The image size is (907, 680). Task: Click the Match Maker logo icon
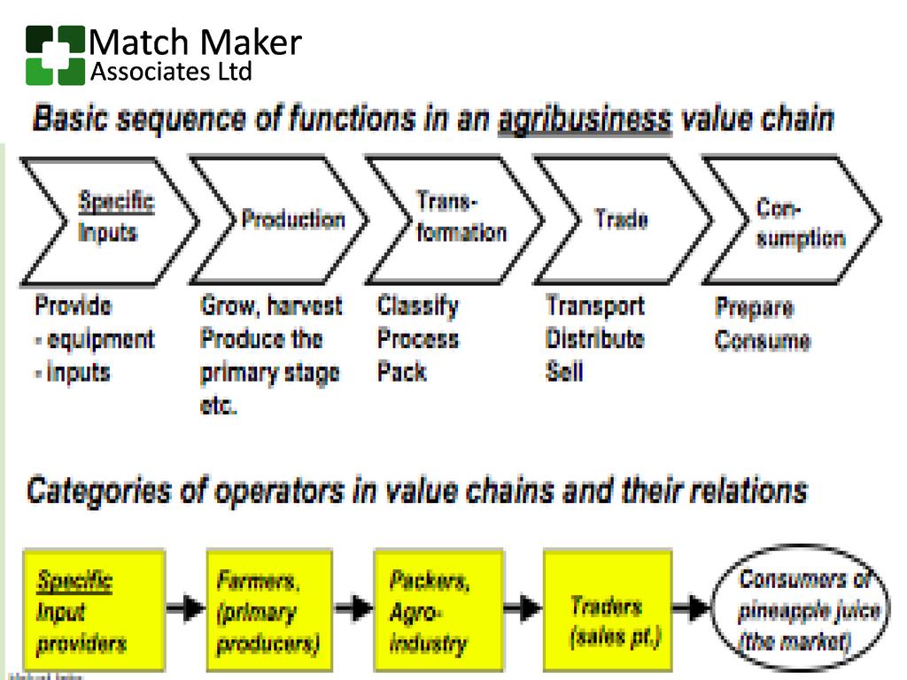click(x=55, y=55)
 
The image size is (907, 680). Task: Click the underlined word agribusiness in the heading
click(x=584, y=120)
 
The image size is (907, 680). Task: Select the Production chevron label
click(x=292, y=220)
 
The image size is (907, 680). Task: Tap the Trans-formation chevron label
click(x=461, y=218)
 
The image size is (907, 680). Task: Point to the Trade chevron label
click(x=621, y=220)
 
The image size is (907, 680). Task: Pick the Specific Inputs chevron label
click(x=114, y=218)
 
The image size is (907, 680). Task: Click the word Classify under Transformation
click(x=418, y=306)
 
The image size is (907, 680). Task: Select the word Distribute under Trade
click(x=594, y=339)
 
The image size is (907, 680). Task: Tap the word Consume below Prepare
click(x=763, y=341)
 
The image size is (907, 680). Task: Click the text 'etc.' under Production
click(x=219, y=408)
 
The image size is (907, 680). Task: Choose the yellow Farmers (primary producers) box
click(x=268, y=612)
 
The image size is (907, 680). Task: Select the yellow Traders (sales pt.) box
click(x=606, y=612)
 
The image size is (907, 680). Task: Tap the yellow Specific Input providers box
click(x=94, y=612)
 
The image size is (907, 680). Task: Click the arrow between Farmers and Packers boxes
click(x=353, y=608)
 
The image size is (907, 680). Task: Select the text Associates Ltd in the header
click(x=171, y=73)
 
